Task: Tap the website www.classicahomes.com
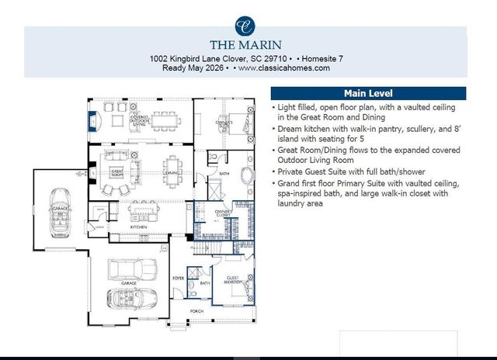point(284,68)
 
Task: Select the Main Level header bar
point(367,93)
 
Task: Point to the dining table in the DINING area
point(173,166)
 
